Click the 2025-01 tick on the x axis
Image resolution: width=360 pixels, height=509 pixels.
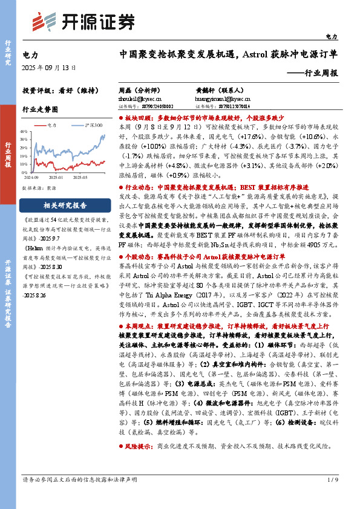pos(57,178)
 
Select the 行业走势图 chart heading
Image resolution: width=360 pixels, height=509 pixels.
pos(40,109)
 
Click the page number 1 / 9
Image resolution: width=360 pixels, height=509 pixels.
pos(332,497)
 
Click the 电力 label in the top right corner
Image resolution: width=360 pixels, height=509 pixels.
pos(332,37)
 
